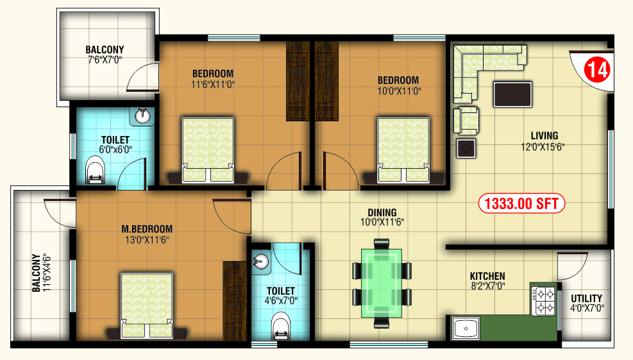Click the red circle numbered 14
(597, 70)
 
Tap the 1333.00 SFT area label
(521, 203)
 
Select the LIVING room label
(544, 136)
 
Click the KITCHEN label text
(487, 277)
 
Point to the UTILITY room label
(586, 298)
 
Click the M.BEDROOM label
(147, 229)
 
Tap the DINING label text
(382, 212)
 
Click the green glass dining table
(382, 283)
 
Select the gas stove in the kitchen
(543, 301)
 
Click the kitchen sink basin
(466, 328)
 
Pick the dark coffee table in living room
(512, 94)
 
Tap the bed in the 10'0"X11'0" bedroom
(403, 150)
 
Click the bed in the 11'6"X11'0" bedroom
(208, 150)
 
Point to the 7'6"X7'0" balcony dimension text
(105, 60)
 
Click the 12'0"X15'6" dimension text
(543, 147)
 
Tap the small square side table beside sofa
(466, 149)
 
